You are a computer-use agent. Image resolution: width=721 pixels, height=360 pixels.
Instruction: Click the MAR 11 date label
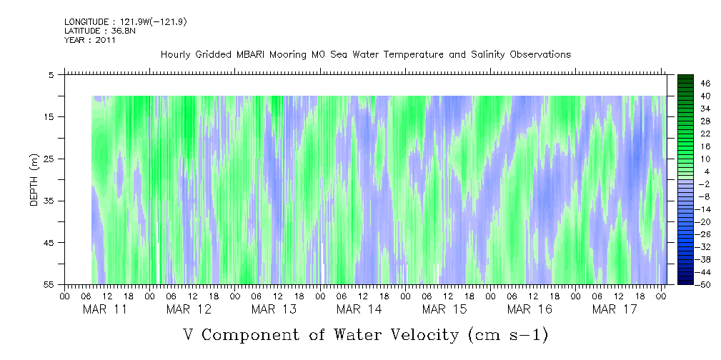click(x=105, y=309)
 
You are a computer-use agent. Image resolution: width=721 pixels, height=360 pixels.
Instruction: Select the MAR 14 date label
click(x=359, y=309)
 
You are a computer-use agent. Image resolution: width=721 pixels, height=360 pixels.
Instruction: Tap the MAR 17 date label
click(x=613, y=309)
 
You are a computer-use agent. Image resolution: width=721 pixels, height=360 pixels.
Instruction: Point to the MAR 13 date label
click(x=274, y=309)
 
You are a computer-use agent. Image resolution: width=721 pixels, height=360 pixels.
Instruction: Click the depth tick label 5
click(x=51, y=74)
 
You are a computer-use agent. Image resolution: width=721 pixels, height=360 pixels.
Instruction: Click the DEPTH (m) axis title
click(x=34, y=181)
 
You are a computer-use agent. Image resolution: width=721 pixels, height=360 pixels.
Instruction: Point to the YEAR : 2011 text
click(x=90, y=40)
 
